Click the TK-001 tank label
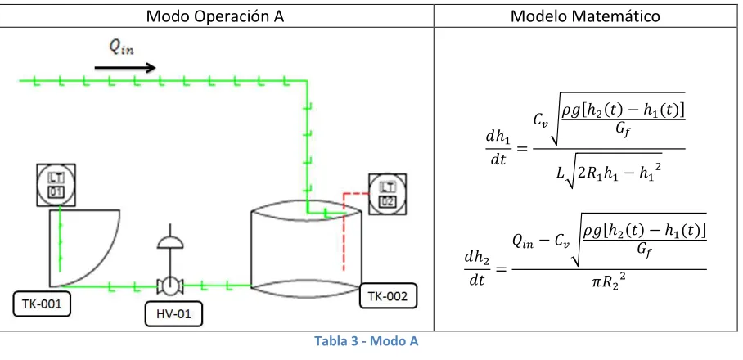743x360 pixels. (x=42, y=304)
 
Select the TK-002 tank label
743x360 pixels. (x=388, y=296)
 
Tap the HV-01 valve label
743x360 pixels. (x=173, y=313)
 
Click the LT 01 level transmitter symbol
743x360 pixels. (x=56, y=185)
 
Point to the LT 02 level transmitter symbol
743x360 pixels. (x=388, y=194)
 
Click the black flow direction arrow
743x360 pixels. (x=125, y=68)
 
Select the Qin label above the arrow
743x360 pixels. (x=121, y=47)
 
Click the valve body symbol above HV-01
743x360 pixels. (x=170, y=286)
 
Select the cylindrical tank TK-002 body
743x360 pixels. (x=306, y=250)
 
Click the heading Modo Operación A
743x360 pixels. (x=215, y=16)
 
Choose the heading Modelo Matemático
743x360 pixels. (x=585, y=16)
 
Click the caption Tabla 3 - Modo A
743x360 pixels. (x=367, y=341)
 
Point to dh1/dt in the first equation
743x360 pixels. (x=498, y=148)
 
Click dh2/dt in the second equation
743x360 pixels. (x=477, y=269)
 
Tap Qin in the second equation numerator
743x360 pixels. (x=523, y=241)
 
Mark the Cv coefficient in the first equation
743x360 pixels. (x=540, y=119)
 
